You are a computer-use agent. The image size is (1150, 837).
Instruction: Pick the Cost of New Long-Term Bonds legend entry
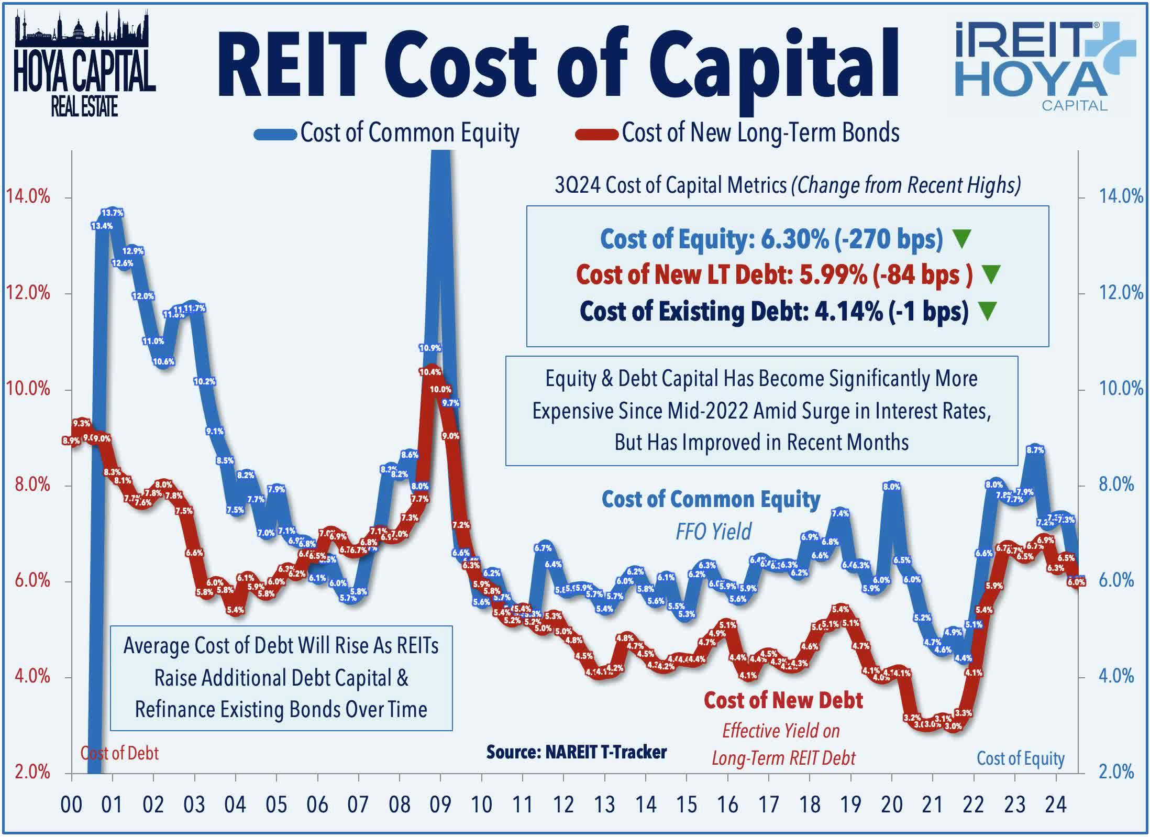737,133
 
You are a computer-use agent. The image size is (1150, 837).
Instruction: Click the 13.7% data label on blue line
112,213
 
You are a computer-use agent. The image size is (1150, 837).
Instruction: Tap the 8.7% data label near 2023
1035,449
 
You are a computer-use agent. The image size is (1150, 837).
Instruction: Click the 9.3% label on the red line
81,423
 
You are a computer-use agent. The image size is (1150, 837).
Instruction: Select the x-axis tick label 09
440,805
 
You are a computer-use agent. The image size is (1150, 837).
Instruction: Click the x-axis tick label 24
1056,805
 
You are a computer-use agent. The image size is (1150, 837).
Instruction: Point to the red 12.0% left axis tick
28,293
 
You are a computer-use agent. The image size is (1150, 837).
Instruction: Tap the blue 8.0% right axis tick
1116,484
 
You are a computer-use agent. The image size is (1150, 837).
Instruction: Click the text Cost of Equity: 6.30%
714,239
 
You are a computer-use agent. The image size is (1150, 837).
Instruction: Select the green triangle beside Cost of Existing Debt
987,311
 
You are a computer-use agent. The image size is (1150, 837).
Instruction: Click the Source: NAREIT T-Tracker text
576,752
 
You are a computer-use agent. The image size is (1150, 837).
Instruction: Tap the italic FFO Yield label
713,531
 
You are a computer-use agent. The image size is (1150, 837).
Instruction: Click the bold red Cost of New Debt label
783,700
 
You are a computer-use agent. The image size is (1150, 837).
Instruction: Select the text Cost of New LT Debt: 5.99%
721,275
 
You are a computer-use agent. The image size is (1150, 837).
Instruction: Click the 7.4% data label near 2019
840,513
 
